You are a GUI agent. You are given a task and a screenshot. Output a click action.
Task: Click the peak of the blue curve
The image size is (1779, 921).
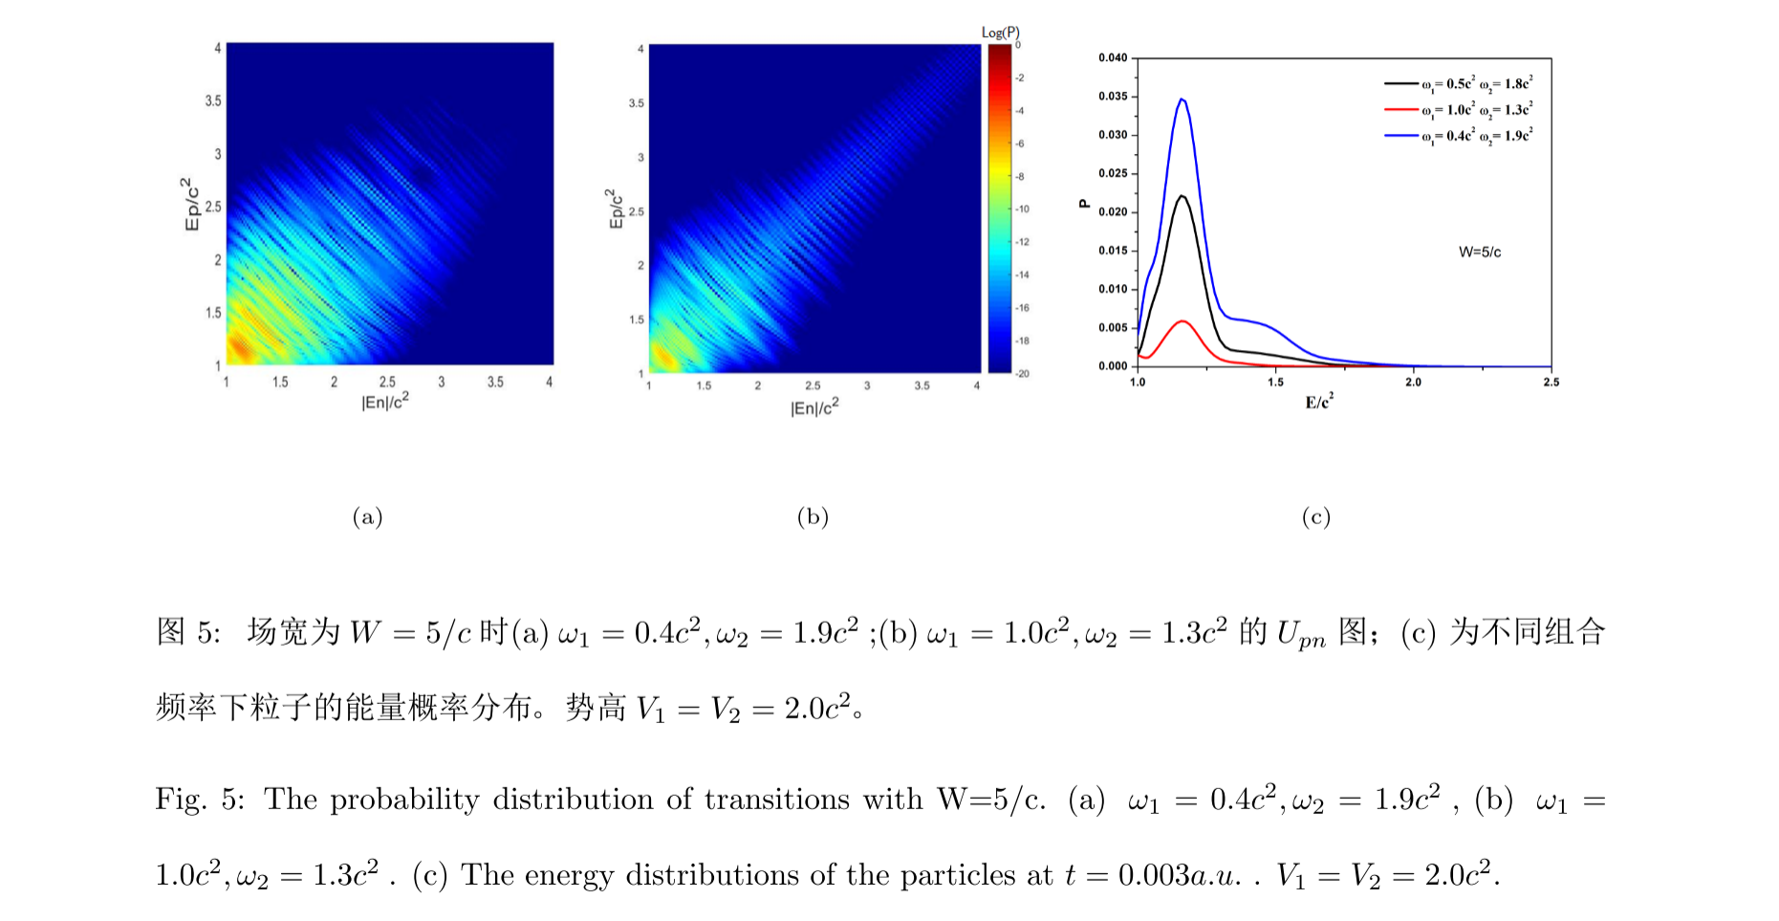[x=1182, y=99]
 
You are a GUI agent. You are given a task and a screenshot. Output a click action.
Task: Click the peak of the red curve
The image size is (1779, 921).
[x=1183, y=321]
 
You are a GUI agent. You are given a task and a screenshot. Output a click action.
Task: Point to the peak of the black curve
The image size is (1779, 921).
[x=1182, y=196]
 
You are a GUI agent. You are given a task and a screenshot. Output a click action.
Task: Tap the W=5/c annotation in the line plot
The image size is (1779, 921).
[x=1479, y=252]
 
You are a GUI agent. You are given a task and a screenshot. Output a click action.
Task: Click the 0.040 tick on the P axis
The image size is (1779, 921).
[x=1113, y=58]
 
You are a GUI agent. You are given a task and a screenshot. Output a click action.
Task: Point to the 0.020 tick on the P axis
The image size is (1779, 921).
[x=1113, y=212]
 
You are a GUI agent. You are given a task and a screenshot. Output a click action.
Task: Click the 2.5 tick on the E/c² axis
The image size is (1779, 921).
[x=1551, y=383]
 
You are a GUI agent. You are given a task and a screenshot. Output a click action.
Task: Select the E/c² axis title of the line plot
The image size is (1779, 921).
[x=1319, y=403]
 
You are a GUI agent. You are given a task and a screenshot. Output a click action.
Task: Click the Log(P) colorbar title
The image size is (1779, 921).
[x=1000, y=33]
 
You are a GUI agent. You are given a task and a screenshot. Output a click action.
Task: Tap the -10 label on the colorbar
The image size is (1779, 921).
[x=1022, y=208]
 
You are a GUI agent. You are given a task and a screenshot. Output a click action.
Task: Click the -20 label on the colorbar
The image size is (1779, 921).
[x=1022, y=373]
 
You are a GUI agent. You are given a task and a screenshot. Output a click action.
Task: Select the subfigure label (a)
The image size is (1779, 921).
[x=367, y=517]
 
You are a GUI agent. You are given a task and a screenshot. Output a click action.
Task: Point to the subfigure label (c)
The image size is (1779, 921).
[x=1315, y=517]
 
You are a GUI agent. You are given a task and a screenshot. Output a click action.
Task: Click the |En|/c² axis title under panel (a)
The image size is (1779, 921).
[x=385, y=403]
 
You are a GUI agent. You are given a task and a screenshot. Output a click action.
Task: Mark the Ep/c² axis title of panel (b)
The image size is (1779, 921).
[x=615, y=208]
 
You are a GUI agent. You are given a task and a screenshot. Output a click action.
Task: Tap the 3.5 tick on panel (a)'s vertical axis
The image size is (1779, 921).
[x=212, y=100]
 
